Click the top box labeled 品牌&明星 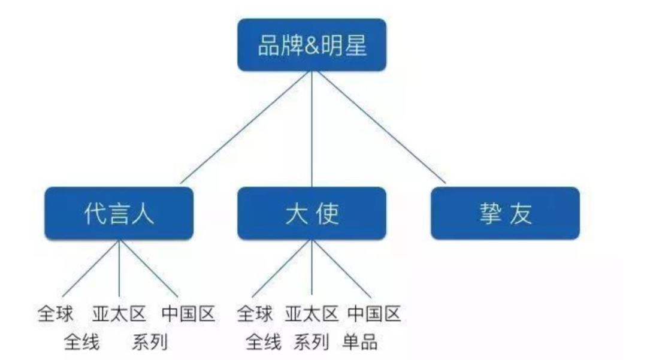pos(312,44)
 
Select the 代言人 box pos(119,213)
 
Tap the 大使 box pos(312,213)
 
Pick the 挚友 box pos(505,213)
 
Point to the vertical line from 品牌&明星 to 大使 pos(312,129)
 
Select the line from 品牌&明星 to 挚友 pos(381,127)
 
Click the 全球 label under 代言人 pos(55,314)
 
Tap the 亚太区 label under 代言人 pos(119,314)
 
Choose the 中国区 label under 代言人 pos(188,314)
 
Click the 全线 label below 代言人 pos(81,342)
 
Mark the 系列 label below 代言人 pos(150,342)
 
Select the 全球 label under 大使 pos(255,314)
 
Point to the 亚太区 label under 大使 pos(312,314)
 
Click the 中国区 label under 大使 pos(374,314)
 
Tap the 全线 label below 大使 pos(263,342)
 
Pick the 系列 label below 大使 pos(312,342)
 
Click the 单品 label pos(360,342)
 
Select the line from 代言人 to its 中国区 pos(149,268)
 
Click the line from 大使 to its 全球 pos(282,268)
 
